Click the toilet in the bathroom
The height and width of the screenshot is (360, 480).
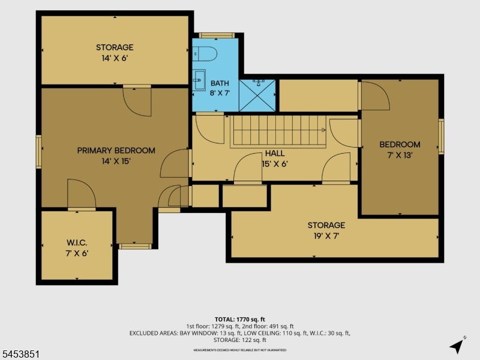[205, 54]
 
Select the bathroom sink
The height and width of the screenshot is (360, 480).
[199, 80]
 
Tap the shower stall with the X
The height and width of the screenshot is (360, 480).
[257, 95]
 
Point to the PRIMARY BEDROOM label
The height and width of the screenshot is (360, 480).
[116, 151]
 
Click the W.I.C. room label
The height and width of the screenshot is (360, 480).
[77, 243]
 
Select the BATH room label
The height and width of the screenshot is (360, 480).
[220, 83]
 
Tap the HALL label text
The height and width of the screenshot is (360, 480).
[275, 154]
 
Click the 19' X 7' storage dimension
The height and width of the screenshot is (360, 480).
[326, 236]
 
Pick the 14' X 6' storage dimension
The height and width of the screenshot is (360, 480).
[115, 58]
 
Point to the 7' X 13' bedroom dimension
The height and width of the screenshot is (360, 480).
[400, 155]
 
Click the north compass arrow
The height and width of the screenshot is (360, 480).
[457, 346]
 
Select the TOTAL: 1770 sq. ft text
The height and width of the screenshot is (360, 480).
[239, 320]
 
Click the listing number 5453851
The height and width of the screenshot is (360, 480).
[20, 355]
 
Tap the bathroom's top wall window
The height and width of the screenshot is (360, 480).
[217, 35]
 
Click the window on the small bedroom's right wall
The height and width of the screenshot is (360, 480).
[441, 136]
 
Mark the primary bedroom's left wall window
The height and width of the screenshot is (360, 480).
[38, 152]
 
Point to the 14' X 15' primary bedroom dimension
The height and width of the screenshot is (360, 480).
[116, 161]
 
